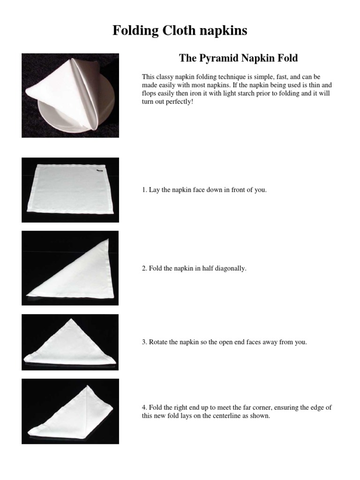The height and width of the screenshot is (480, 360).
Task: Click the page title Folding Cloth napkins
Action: pos(180,31)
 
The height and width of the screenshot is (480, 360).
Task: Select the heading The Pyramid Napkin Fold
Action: pos(238,59)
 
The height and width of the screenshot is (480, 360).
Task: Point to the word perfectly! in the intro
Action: pos(178,102)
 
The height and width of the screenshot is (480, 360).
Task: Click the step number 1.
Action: pos(144,190)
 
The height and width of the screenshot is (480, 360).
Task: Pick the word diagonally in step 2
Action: pos(231,269)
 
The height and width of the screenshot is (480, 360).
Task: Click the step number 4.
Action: pos(144,408)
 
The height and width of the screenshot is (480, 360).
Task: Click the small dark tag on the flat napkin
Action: pos(100,171)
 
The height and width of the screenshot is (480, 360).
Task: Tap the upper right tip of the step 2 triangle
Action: pos(108,240)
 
